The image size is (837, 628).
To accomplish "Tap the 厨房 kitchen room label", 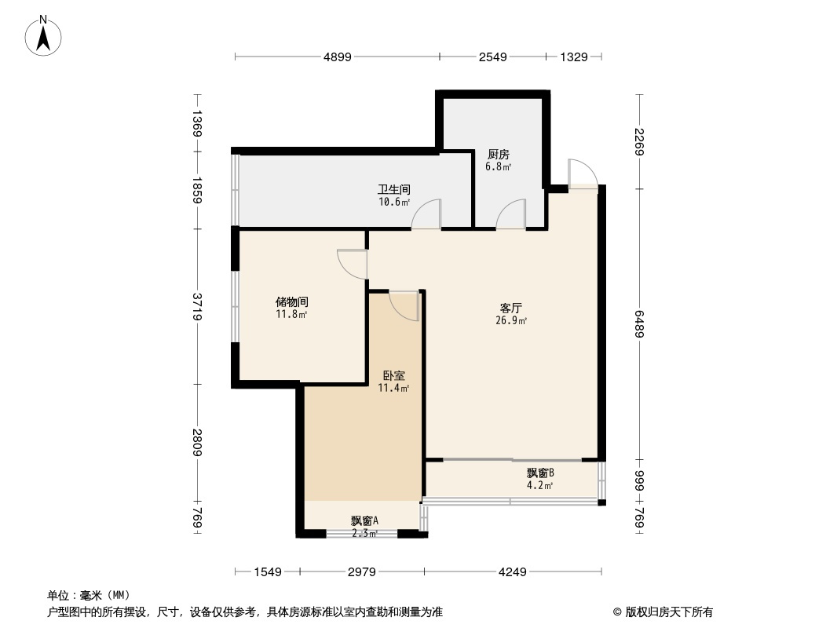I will click(498, 155).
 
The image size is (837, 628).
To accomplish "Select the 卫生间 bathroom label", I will click(393, 190).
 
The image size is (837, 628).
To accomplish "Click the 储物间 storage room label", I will click(291, 301).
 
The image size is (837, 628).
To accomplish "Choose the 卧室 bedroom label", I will click(393, 376).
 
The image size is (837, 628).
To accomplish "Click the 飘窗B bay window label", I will click(540, 473).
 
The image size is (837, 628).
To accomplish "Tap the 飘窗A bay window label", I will click(364, 520).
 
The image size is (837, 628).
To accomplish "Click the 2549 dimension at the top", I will click(492, 57).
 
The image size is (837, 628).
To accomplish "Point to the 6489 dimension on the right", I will click(640, 324).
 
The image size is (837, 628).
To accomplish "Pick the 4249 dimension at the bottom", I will click(513, 572).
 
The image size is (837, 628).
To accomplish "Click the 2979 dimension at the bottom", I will click(361, 572).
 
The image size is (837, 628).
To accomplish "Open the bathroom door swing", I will click(428, 214).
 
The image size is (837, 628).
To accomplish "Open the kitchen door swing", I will click(510, 214).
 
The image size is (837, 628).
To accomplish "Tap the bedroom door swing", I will click(404, 305).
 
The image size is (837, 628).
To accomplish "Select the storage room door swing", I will click(352, 264).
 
